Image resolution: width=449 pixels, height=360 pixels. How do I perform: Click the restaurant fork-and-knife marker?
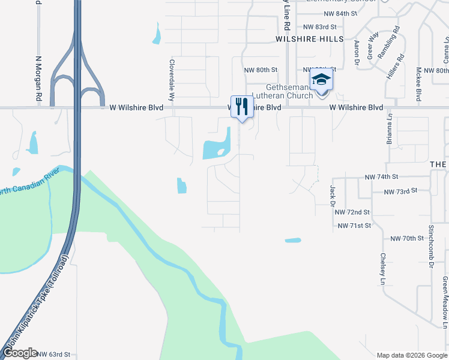point(242,107)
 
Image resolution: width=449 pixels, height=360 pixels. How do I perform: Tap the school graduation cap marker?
point(321,80)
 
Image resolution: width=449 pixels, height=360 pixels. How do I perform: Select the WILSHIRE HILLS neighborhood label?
point(309,38)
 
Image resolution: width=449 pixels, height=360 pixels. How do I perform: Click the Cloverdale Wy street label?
point(172,79)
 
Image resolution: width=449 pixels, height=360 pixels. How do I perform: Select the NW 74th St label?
point(381,177)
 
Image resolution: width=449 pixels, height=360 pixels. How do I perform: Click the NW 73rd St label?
point(400,191)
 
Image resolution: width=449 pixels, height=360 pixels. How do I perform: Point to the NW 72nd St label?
point(352,212)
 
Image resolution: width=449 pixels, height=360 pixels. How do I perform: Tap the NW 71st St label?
point(355,226)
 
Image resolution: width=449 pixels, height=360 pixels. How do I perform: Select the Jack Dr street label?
point(332,194)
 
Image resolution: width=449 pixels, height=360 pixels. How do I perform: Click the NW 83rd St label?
point(320,27)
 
